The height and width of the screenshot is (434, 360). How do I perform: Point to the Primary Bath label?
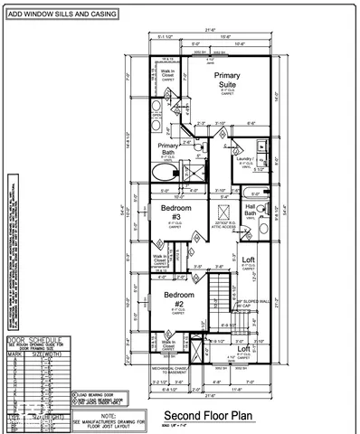pos(168,149)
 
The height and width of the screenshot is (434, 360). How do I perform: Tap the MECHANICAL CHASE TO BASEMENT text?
pos(153,372)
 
